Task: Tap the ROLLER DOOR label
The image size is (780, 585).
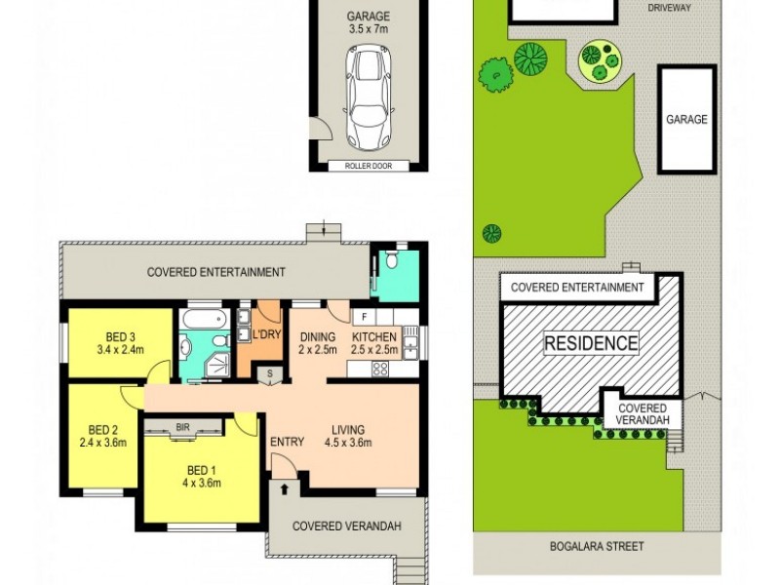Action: tap(368, 165)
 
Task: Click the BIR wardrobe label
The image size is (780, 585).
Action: tap(182, 426)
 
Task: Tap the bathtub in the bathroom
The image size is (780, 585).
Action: tap(204, 319)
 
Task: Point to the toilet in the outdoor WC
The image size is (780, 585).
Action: tap(391, 260)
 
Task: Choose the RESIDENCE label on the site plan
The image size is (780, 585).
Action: tap(591, 343)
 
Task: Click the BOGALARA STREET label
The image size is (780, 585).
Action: tap(596, 546)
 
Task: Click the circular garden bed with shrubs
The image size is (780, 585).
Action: tap(599, 61)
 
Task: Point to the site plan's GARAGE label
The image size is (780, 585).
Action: tap(686, 119)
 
